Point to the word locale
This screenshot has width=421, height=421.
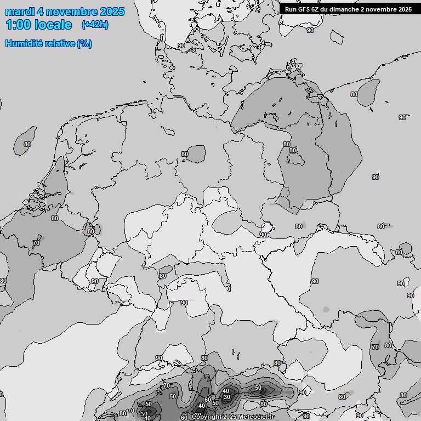(x=53, y=25)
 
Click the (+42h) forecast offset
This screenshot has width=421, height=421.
(x=95, y=25)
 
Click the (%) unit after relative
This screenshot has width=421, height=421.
(x=84, y=43)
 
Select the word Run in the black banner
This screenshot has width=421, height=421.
(x=291, y=9)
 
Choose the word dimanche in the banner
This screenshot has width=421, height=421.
(x=345, y=9)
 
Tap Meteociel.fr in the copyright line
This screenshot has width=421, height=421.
(x=255, y=417)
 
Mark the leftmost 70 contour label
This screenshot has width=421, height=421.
(x=36, y=243)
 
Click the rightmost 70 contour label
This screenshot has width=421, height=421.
(x=376, y=347)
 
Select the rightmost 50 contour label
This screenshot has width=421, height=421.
(x=258, y=388)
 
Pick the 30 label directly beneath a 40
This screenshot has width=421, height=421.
(x=227, y=397)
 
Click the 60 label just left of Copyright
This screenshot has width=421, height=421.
(x=184, y=418)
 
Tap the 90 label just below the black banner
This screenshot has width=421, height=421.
(x=310, y=31)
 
